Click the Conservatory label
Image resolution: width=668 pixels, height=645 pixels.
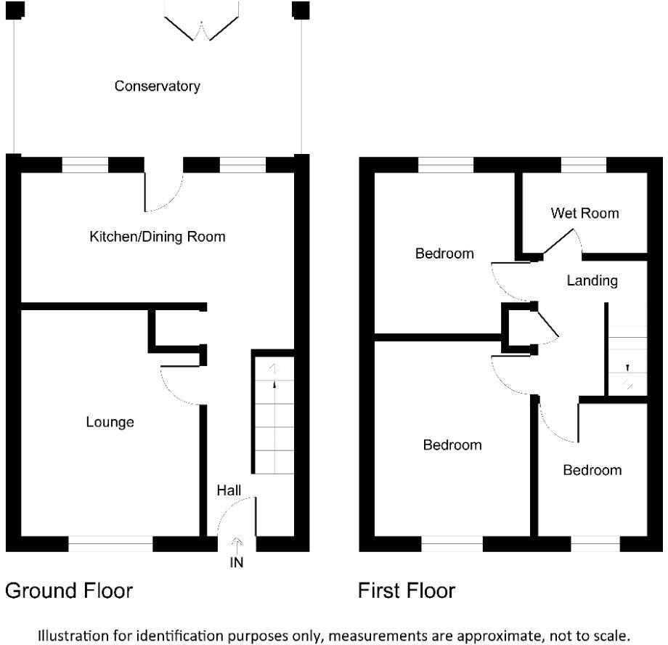click(x=157, y=86)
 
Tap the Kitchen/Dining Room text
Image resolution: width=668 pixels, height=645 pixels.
click(x=157, y=237)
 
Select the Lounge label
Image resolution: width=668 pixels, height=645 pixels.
click(x=110, y=422)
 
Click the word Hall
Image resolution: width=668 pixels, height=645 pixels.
click(x=229, y=491)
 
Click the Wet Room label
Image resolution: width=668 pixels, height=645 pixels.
click(x=584, y=213)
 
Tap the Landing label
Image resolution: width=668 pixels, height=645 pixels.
click(x=592, y=280)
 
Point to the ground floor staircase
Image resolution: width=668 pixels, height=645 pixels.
click(x=273, y=414)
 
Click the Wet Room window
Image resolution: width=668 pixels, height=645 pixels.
click(x=584, y=166)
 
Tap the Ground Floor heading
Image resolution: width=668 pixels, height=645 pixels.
click(x=69, y=591)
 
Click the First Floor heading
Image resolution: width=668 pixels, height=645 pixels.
click(x=407, y=591)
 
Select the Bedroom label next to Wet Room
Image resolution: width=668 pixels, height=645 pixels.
click(x=444, y=253)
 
